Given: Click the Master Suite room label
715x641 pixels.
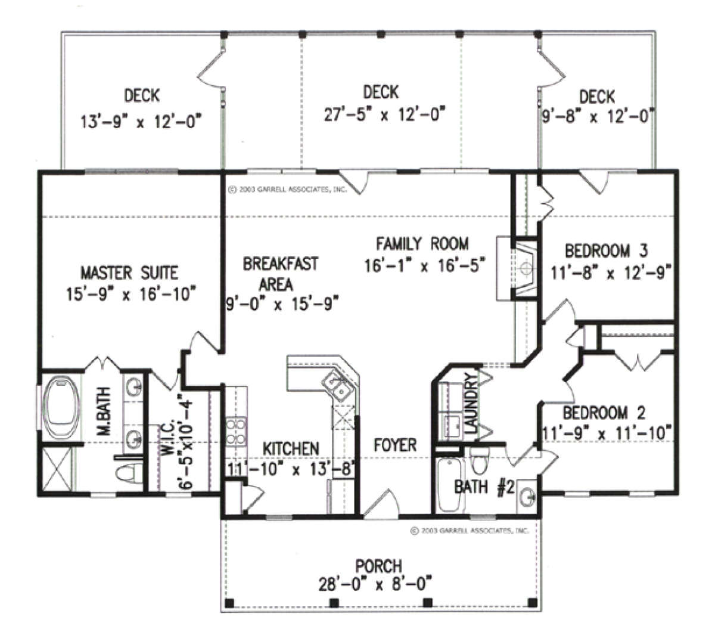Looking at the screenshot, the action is [x=129, y=273].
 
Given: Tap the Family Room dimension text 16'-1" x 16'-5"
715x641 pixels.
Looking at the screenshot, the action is [x=425, y=265].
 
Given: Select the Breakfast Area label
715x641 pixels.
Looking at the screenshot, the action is [x=281, y=274].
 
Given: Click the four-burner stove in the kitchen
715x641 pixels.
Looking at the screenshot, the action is [x=236, y=431].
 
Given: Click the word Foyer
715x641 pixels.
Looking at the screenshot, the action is [x=395, y=445].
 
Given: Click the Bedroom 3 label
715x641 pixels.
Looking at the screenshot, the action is [x=607, y=251].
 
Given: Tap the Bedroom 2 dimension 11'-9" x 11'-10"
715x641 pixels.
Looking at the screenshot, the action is [x=605, y=433].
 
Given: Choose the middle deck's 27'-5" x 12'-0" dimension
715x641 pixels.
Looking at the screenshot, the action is [x=385, y=114].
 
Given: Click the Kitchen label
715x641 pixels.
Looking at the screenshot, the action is [x=291, y=449].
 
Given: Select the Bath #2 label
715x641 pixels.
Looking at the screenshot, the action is [x=484, y=488].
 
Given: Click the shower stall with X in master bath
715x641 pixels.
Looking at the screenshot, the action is [x=57, y=468].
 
